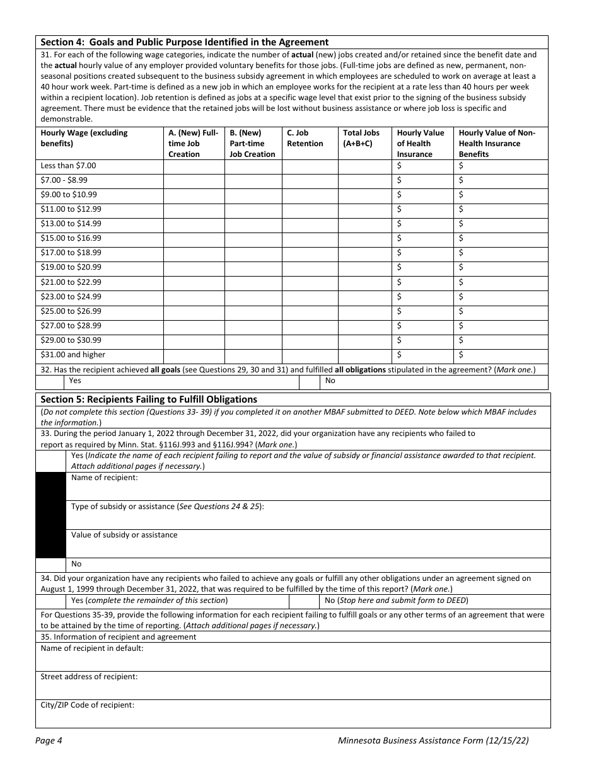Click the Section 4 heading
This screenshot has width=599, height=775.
click(184, 42)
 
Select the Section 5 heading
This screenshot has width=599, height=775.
click(149, 399)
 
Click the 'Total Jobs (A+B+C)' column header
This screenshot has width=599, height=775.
click(361, 138)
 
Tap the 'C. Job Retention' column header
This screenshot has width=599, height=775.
click(305, 138)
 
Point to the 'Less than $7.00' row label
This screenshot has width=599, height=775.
click(69, 166)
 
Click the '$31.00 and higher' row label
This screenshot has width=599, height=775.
click(73, 355)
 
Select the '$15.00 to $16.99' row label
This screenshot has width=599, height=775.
click(71, 238)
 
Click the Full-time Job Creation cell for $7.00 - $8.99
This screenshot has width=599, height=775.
click(194, 180)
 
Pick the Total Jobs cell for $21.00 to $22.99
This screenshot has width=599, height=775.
click(364, 282)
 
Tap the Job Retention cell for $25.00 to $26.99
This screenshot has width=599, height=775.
click(310, 311)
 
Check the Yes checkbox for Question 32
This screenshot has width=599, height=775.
click(50, 381)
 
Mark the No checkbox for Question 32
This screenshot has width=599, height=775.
click(309, 381)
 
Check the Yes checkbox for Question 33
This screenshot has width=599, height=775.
click(50, 461)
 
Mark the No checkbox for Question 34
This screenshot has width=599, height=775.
click(309, 600)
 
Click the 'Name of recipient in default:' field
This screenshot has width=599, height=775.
click(293, 657)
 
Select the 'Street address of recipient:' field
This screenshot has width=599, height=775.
click(293, 685)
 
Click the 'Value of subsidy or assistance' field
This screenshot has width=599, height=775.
click(307, 543)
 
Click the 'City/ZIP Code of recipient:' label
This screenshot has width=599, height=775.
click(88, 705)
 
